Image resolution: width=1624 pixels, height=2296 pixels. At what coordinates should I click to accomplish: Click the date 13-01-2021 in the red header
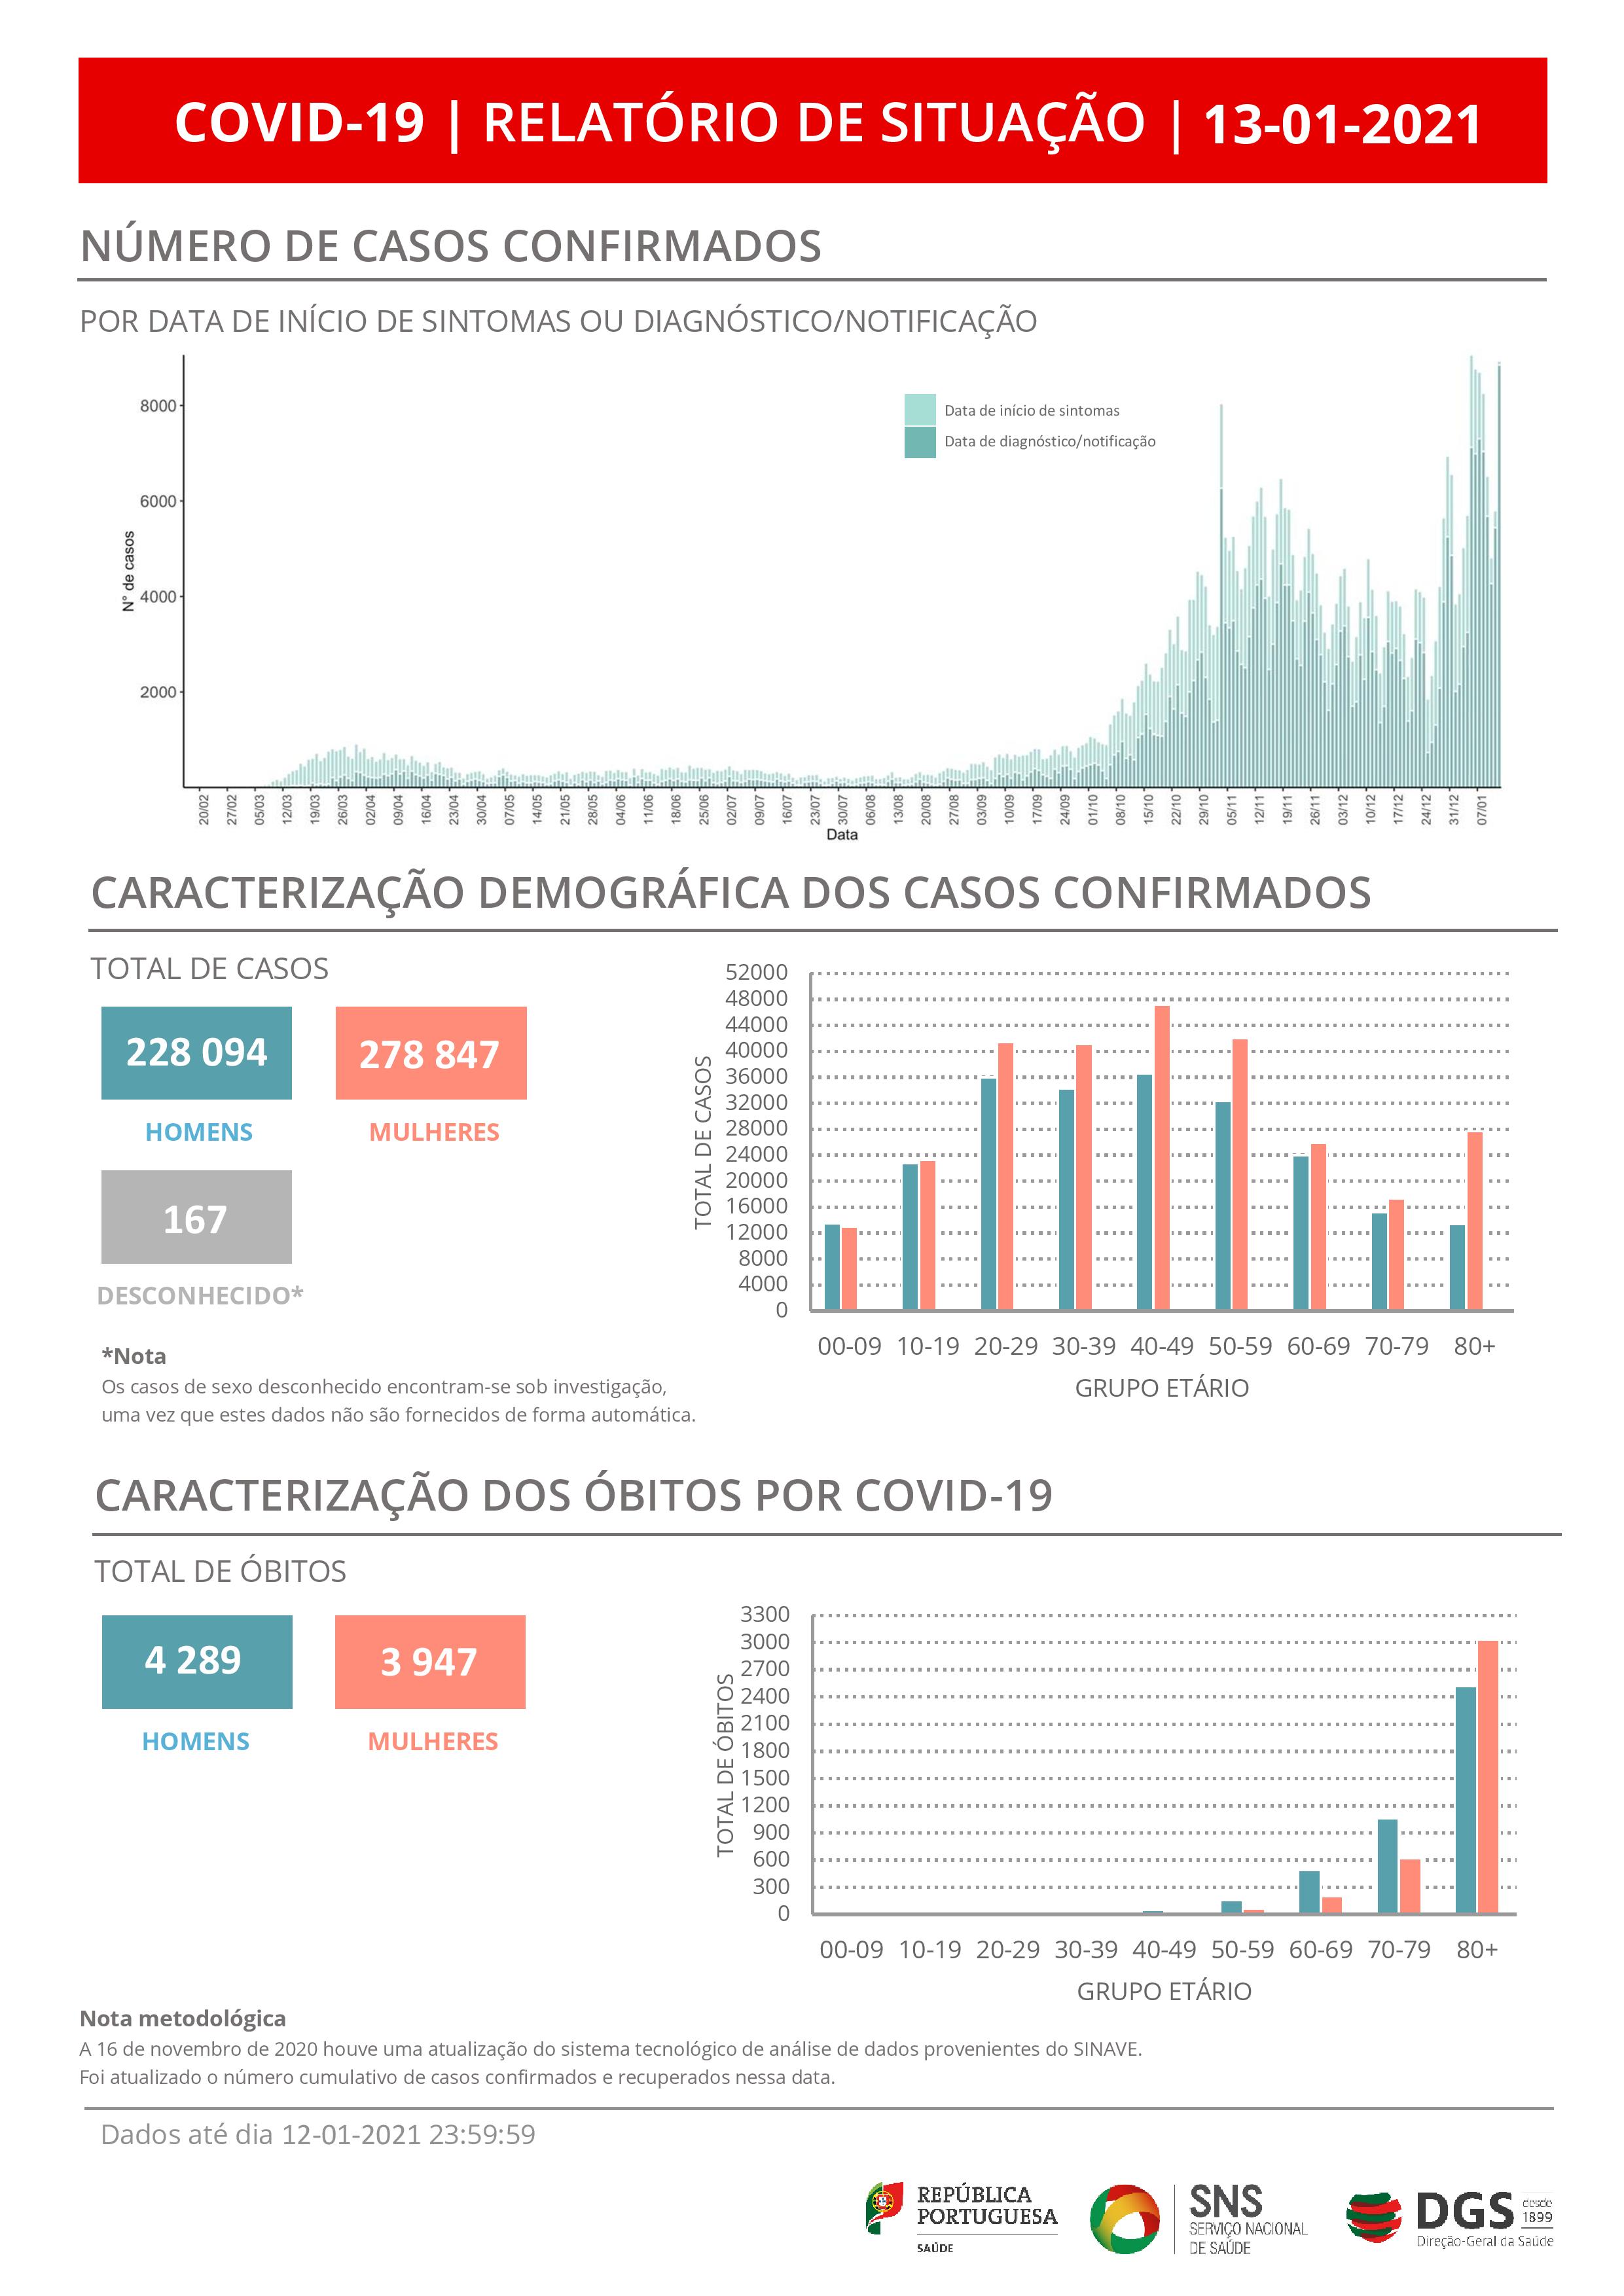coord(1342,124)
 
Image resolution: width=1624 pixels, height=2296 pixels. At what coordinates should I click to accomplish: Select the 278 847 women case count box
coord(430,1053)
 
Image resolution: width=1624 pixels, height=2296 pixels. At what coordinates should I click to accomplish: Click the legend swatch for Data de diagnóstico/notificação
coord(919,442)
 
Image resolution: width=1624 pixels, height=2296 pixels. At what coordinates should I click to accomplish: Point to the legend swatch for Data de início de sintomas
coord(919,410)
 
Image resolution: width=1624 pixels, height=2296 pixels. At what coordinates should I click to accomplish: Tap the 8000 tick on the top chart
coord(158,406)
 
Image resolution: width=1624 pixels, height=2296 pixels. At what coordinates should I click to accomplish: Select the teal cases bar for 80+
coord(1457,1267)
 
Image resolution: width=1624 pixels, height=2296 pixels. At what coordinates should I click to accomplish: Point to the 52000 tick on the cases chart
coord(756,972)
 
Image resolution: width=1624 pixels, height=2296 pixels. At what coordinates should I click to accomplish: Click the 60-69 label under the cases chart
coord(1318,1346)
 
